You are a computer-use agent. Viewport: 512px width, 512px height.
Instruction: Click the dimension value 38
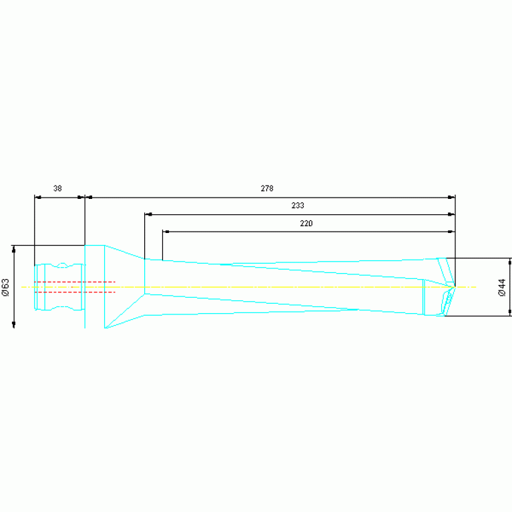pos(57,189)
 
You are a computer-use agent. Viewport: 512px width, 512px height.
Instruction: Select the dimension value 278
pos(267,189)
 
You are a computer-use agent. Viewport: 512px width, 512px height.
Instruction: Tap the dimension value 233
pos(298,206)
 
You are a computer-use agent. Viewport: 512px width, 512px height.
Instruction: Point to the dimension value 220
pos(306,224)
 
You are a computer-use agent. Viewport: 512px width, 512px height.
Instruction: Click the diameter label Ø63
pos(5,287)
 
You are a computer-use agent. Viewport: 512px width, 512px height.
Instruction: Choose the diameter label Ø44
pos(502,287)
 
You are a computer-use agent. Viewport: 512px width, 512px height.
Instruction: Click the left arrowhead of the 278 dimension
pos(89,198)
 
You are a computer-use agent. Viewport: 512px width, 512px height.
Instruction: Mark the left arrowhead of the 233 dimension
pos(148,215)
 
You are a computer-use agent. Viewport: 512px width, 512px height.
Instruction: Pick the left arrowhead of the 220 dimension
pos(166,232)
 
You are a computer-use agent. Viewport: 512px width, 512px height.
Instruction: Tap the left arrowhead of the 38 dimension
pos(38,198)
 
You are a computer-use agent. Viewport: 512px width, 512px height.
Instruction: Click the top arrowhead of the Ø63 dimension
pos(14,249)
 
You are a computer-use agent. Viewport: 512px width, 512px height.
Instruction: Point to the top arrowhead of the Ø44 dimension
pos(510,262)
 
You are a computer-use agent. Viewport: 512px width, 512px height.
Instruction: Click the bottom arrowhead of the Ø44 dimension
pos(510,312)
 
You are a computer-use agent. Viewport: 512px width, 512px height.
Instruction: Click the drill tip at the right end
pos(454,286)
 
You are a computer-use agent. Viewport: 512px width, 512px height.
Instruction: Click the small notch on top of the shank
pos(61,266)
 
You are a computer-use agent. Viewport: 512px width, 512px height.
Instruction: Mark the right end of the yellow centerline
pos(475,287)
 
